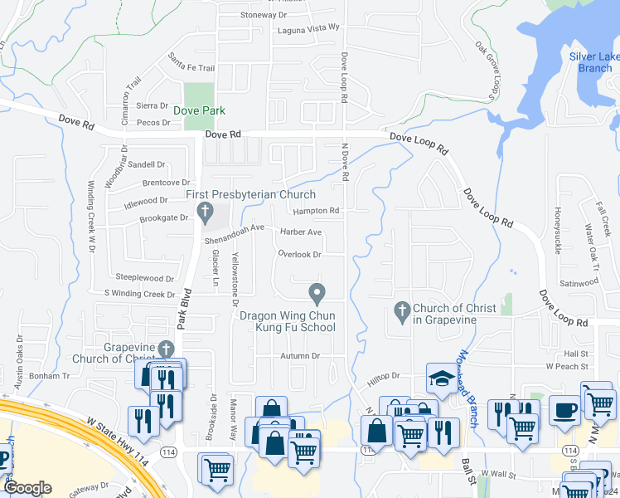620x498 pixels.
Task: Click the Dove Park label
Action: click(199, 110)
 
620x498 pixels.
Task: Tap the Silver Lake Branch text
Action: click(594, 62)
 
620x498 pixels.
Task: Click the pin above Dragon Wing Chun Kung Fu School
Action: click(316, 293)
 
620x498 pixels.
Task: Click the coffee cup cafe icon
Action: click(564, 410)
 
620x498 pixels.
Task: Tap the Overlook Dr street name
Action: click(299, 254)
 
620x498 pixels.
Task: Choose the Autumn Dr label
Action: click(300, 355)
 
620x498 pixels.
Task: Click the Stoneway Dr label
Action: click(263, 15)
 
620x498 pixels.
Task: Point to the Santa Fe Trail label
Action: click(191, 63)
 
